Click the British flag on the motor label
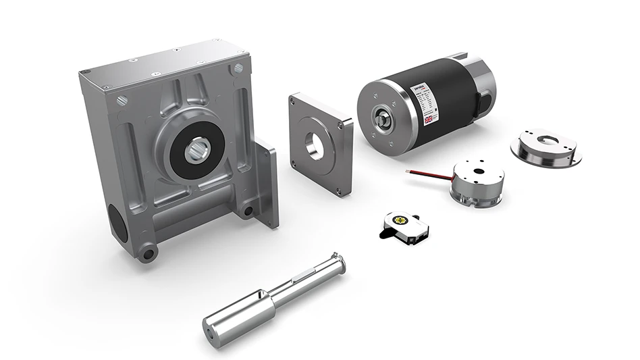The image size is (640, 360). (429, 119)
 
